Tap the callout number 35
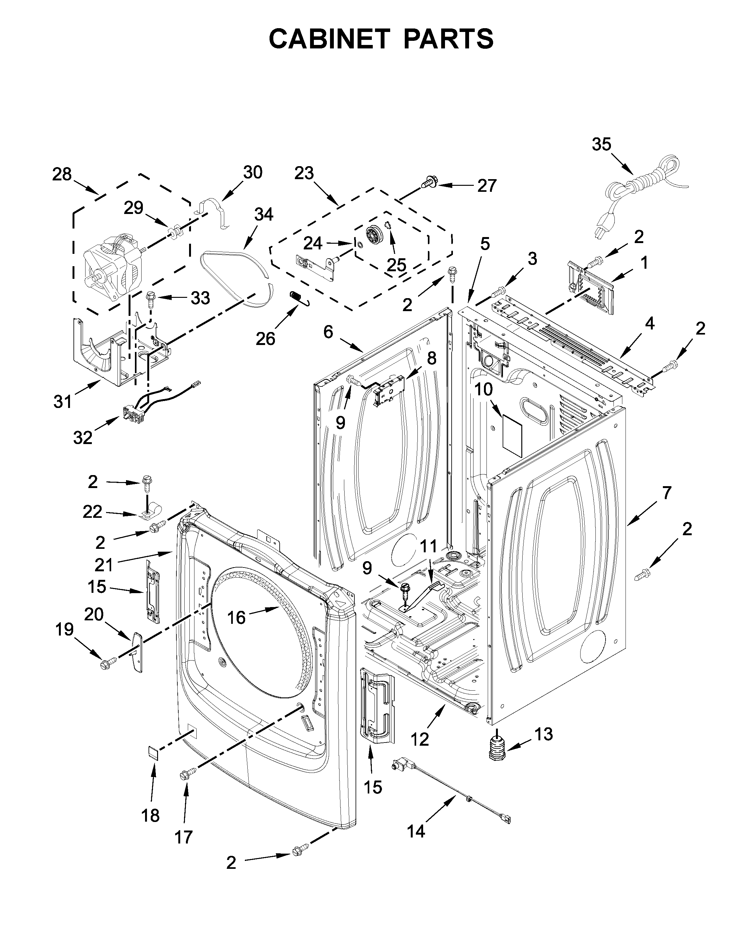point(601,144)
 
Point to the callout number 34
point(264,214)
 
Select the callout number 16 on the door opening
point(237,617)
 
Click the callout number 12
point(420,739)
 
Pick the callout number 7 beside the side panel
point(667,493)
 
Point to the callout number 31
point(63,401)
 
